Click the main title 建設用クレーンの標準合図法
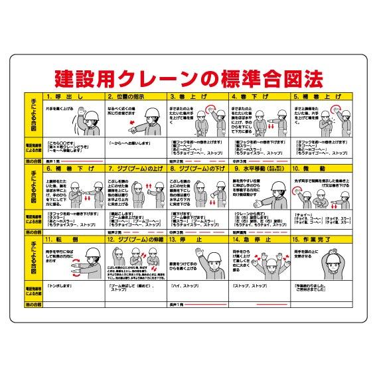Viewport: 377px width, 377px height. [x=188, y=79]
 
